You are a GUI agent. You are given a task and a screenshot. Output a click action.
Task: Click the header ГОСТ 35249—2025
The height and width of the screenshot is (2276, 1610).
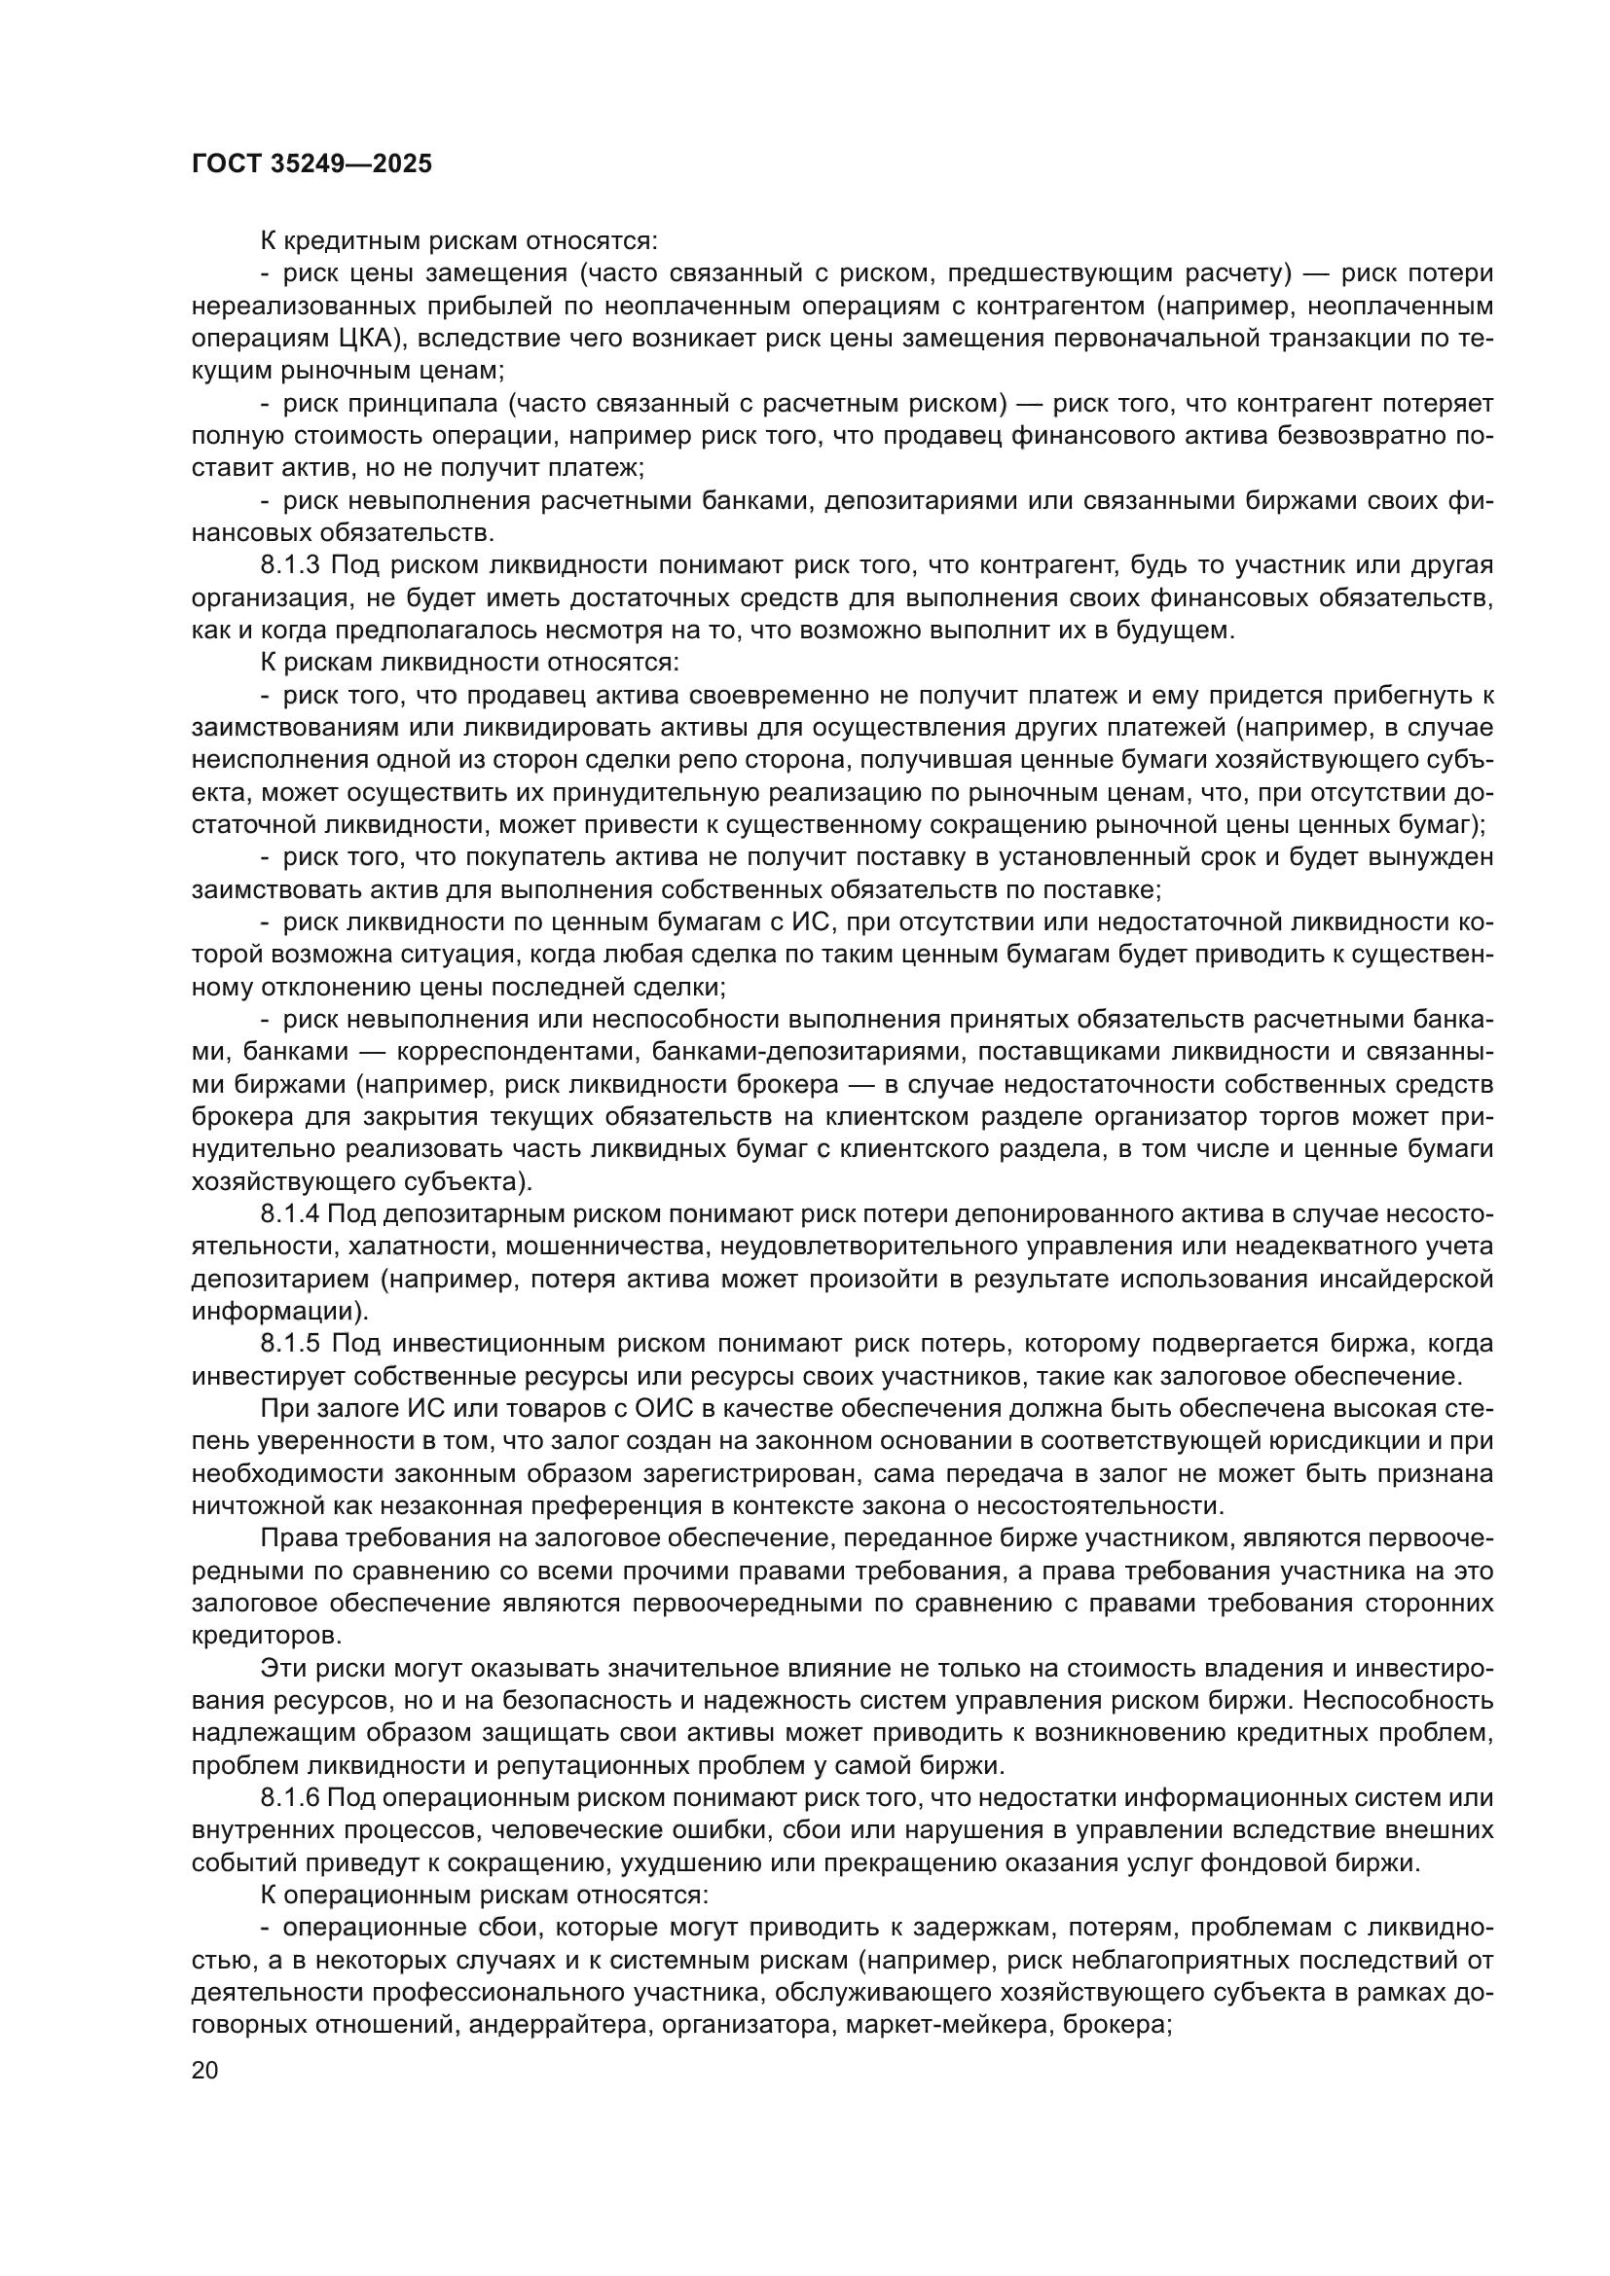(312, 164)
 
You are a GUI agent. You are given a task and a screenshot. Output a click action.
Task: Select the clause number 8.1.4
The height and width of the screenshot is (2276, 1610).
(289, 1213)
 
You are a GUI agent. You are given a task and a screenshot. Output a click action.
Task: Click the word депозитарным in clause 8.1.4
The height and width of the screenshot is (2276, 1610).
(461, 1213)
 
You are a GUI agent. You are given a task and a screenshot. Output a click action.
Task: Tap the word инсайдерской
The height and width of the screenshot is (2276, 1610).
(1407, 1279)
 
